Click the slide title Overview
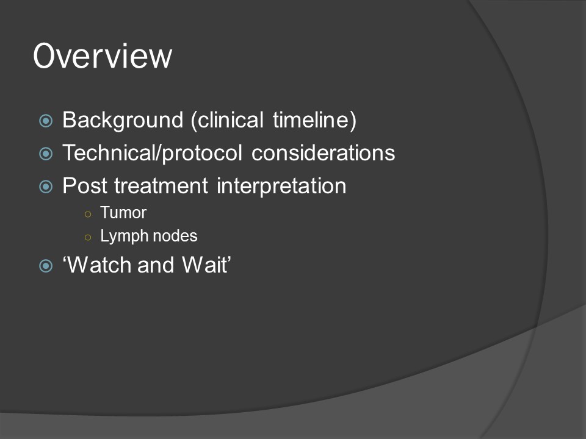(103, 56)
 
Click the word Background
(123, 120)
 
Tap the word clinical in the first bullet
(227, 120)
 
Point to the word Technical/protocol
(152, 153)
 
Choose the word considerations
(324, 153)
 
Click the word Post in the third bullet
(84, 186)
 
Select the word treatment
(161, 186)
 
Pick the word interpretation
(281, 187)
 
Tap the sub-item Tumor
(123, 213)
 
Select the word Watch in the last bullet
(99, 265)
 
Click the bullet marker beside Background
(46, 121)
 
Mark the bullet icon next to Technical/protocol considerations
(46, 154)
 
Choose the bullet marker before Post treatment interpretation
(46, 187)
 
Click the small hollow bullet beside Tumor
(88, 214)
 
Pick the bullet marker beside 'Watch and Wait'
(46, 266)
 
